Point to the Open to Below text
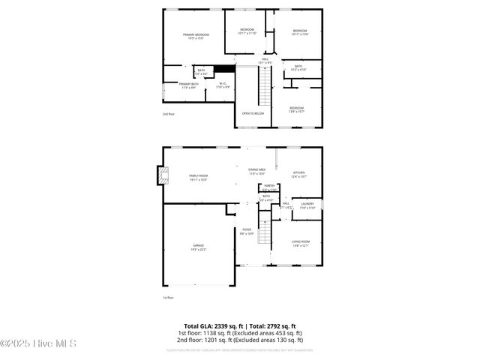click(x=253, y=113)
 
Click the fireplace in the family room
click(x=163, y=175)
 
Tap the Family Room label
click(x=199, y=178)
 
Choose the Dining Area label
click(x=257, y=171)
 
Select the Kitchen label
click(x=298, y=174)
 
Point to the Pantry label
click(x=268, y=186)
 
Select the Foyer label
click(x=247, y=232)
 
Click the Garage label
click(x=199, y=247)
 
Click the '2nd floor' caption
click(x=169, y=114)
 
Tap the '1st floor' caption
click(x=169, y=298)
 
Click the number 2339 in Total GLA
click(x=217, y=326)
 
